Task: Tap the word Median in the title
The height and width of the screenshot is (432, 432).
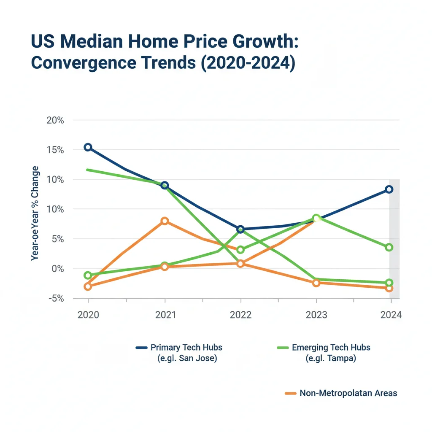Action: (x=89, y=43)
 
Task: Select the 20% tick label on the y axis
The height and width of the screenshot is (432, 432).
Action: (x=55, y=120)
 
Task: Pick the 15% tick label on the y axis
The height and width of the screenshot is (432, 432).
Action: (x=55, y=150)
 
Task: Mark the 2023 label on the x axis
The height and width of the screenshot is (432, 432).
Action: (x=316, y=315)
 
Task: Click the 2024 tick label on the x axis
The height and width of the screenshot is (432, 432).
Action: (x=391, y=315)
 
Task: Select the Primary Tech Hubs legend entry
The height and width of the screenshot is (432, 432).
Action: (x=186, y=348)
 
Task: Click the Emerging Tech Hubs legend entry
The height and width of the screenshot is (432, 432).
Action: (x=331, y=348)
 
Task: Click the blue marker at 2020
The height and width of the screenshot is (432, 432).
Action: (x=88, y=147)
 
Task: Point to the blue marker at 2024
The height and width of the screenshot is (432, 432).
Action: (x=389, y=189)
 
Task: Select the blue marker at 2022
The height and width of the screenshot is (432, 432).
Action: (x=240, y=229)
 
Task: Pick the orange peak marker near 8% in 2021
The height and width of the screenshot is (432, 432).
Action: (x=165, y=221)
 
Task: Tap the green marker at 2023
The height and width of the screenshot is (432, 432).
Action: (x=316, y=218)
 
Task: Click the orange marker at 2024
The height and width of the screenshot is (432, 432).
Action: (x=389, y=288)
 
